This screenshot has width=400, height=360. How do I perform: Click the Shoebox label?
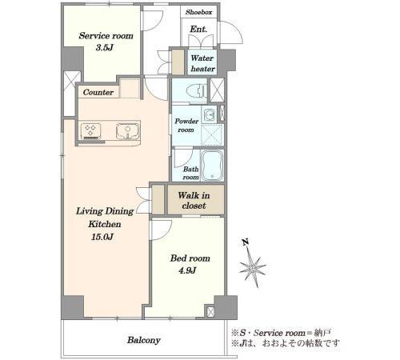[198, 12]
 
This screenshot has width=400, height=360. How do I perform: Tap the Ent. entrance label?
[198, 29]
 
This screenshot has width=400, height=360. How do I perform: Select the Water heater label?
[202, 63]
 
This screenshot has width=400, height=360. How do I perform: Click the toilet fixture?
[198, 90]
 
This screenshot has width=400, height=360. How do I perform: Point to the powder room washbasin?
[210, 115]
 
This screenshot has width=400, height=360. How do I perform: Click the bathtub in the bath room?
[212, 166]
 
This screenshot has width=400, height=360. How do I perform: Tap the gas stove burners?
[90, 130]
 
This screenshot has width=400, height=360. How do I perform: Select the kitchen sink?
[128, 131]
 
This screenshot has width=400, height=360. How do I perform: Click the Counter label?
[98, 93]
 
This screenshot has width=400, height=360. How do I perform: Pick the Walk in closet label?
[194, 201]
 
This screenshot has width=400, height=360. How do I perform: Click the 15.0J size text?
[103, 237]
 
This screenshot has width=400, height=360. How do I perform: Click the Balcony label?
[143, 340]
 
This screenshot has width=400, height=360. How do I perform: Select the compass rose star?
[252, 267]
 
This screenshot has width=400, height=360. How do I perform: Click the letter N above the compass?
[246, 242]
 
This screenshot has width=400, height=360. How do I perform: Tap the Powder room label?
[186, 126]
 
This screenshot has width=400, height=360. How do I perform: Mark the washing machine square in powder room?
[212, 134]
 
